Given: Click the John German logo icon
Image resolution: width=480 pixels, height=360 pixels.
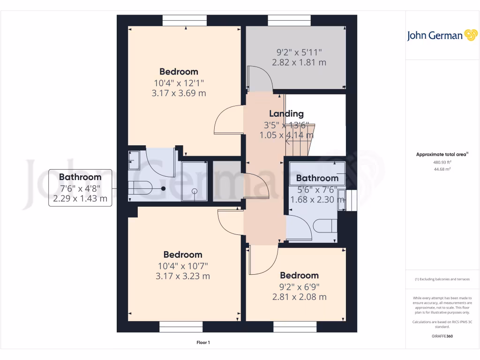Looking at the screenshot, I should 470,36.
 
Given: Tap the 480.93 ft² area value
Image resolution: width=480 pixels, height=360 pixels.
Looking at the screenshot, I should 433,162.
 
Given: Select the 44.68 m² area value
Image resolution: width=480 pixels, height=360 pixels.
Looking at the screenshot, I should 433,169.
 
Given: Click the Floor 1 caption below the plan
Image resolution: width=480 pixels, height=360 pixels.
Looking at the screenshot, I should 203,343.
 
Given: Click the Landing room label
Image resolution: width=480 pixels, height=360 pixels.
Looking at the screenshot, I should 286,113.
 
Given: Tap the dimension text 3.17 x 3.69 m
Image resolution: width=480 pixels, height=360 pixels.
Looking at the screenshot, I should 179,93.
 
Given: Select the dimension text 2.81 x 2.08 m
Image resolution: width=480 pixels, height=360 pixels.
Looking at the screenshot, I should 299,297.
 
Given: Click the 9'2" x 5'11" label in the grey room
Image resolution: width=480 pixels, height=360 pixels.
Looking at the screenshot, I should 299,52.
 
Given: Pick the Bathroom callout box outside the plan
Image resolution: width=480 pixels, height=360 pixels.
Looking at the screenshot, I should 80,188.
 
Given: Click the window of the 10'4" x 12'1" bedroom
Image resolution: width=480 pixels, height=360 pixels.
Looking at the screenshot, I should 184,21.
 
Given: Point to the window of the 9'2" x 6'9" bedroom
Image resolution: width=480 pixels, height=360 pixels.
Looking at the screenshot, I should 295,327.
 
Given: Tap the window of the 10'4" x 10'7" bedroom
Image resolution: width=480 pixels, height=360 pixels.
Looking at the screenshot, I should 181,327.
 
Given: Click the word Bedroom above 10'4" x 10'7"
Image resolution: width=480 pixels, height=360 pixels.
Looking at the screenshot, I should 183,255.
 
